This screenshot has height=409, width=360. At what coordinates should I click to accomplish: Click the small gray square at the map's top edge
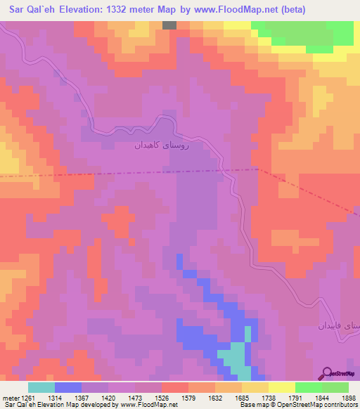[x=169, y=25]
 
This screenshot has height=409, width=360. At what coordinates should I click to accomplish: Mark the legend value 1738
[x=255, y=398]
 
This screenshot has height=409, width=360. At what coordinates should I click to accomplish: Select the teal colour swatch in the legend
[x=41, y=387]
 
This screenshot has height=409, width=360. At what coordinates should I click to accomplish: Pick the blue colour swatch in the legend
[x=68, y=387]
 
